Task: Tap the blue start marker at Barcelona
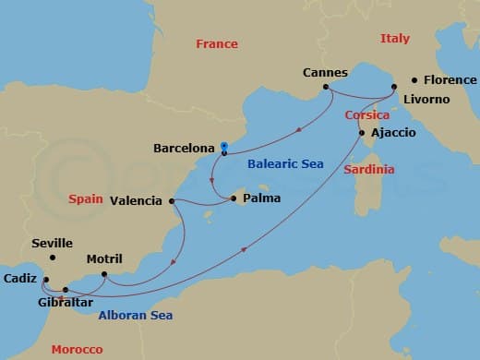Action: (224, 146)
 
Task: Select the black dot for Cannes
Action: (326, 89)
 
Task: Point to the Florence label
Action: (450, 80)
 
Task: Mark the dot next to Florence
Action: (414, 80)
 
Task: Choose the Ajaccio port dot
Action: (361, 133)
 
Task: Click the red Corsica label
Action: (366, 115)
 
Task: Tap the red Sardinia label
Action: (368, 170)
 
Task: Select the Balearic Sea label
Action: (285, 164)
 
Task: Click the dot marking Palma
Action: (234, 197)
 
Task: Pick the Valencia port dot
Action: (172, 200)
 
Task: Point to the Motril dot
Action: (104, 274)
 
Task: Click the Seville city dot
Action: (53, 258)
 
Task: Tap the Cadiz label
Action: (19, 278)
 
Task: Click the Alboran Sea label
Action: (135, 315)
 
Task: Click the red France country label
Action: (217, 43)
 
